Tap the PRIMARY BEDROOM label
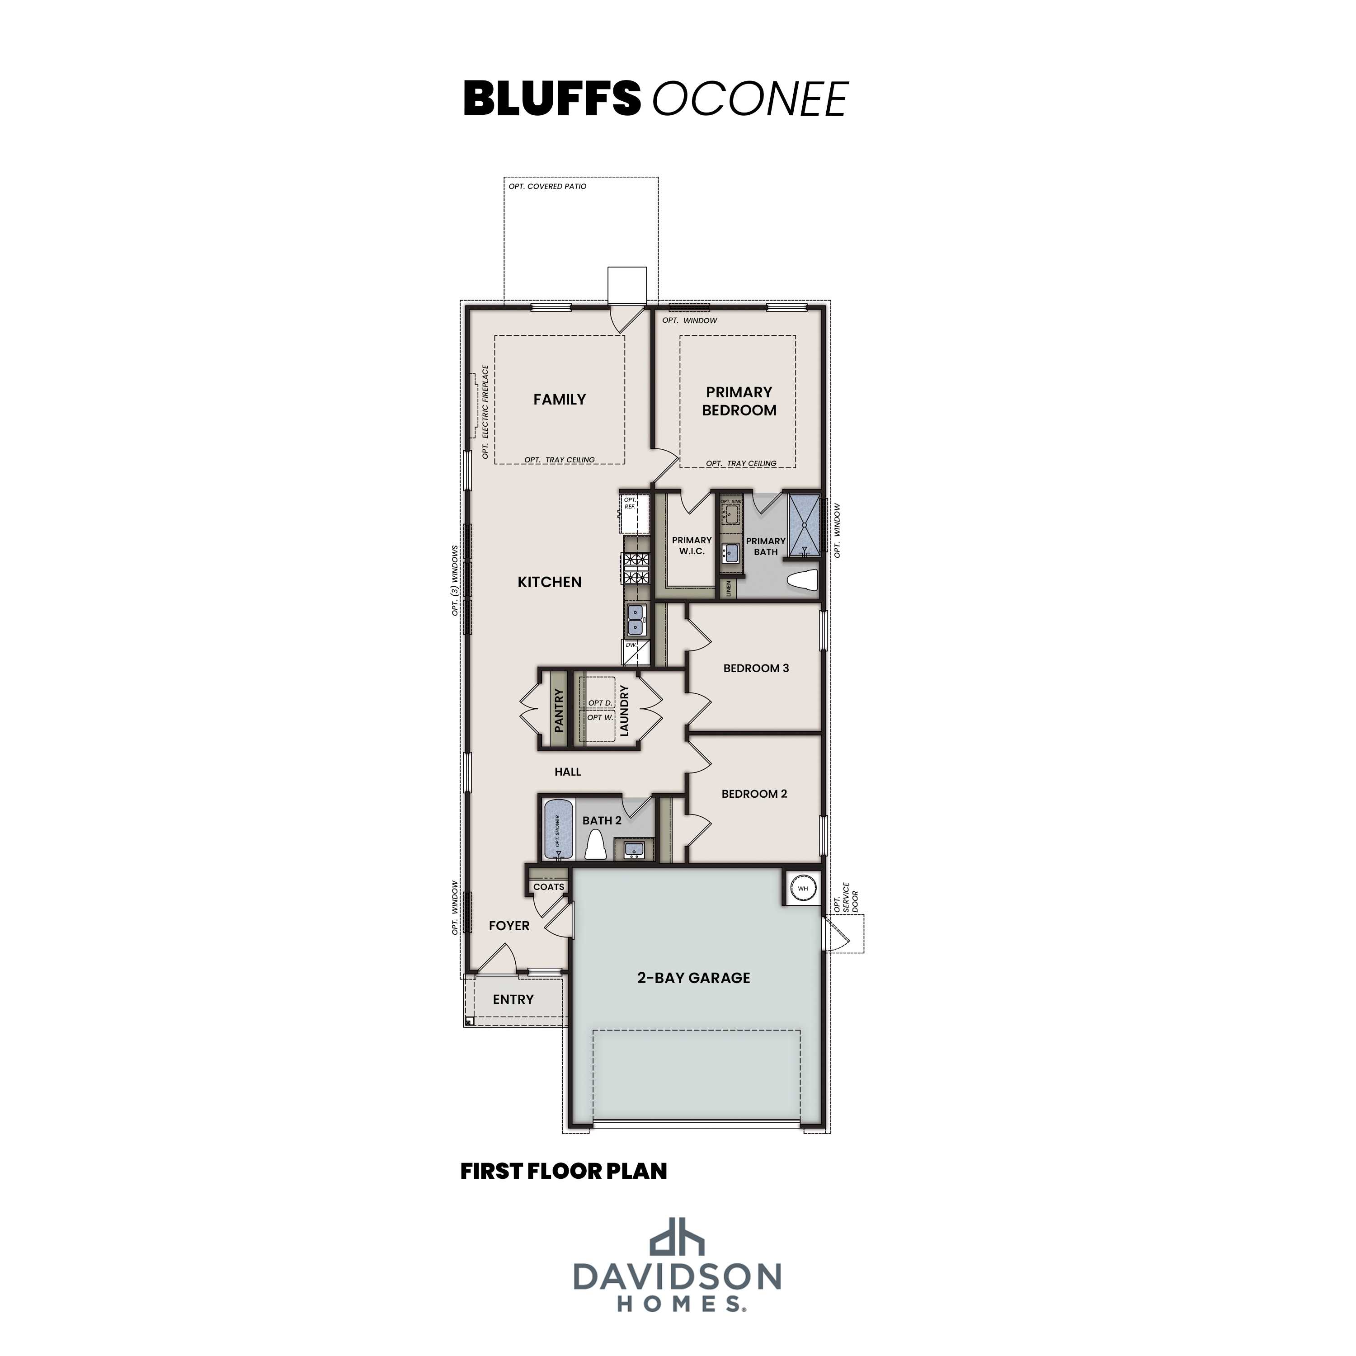739,401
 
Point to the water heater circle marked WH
803,889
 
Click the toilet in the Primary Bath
804,581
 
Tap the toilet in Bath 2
595,844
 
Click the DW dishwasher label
631,644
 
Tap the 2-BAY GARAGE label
693,978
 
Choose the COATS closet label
548,886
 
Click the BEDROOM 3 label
756,668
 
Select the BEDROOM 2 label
754,794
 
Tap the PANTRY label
559,710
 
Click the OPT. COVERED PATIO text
547,187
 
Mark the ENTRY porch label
513,999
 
